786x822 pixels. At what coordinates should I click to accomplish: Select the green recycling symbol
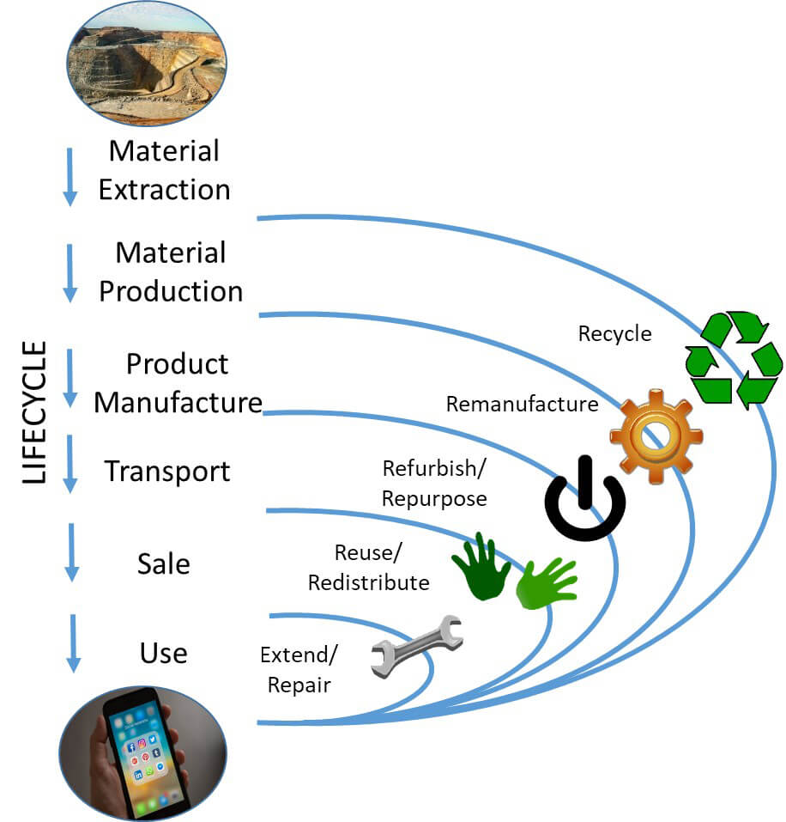[x=734, y=358]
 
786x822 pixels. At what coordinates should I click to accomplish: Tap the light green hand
[x=546, y=584]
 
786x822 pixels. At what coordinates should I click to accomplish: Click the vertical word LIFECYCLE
[x=34, y=413]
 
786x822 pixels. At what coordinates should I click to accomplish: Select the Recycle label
[x=614, y=333]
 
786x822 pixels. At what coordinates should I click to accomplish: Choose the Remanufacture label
[x=522, y=404]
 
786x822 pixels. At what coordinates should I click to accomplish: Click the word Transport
[x=167, y=472]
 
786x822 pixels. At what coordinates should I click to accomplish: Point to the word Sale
[x=164, y=563]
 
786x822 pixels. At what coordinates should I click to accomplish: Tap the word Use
[x=163, y=653]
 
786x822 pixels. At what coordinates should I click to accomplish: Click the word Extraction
[x=165, y=189]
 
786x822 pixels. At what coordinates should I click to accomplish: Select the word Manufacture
[x=178, y=401]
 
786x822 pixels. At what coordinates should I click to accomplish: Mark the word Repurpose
[x=434, y=498]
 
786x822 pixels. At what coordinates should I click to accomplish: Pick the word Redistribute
[x=369, y=582]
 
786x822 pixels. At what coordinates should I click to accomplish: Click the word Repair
[x=299, y=685]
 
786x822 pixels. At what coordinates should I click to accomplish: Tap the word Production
[x=171, y=290]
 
